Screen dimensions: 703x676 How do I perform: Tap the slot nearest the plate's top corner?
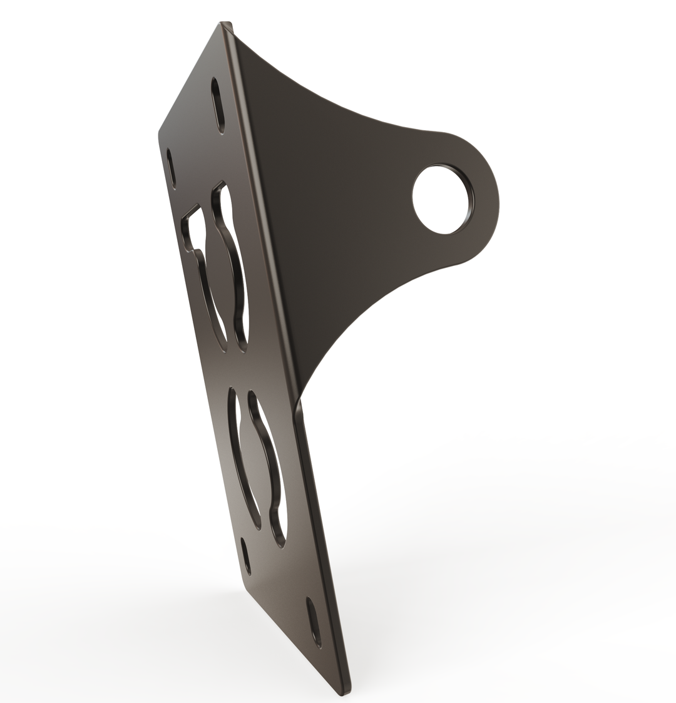pos(217,105)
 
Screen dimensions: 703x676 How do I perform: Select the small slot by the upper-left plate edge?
pos(171,168)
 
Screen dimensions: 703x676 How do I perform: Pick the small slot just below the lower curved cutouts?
pos(246,556)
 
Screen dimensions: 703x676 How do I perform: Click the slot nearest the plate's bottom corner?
pos(314,622)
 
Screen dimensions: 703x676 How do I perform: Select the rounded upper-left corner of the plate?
pos(161,133)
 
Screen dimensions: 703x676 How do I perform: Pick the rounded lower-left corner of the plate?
pos(245,588)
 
